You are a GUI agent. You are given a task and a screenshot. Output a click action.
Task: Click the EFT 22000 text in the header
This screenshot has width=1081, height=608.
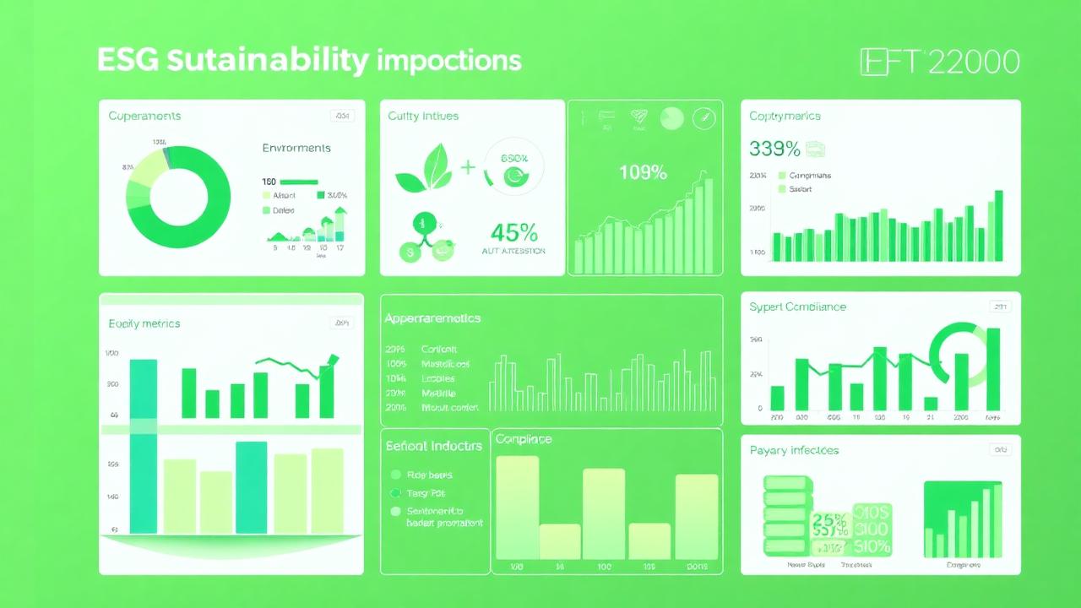[x=939, y=62]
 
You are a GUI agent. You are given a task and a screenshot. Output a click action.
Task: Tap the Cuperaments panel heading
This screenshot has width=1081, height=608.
[x=144, y=116]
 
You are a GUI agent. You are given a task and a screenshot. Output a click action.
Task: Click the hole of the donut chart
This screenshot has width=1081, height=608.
[x=178, y=198]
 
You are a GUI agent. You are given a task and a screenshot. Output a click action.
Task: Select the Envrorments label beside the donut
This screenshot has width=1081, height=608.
[x=296, y=148]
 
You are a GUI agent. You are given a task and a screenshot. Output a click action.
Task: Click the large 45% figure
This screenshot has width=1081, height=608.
[x=514, y=231]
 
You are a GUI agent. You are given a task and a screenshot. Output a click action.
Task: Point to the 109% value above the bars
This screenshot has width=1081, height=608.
[x=643, y=172]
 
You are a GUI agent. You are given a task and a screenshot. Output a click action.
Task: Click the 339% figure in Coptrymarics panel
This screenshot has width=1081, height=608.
[x=774, y=149]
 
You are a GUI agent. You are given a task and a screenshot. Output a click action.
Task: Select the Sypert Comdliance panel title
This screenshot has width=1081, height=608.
[x=797, y=307]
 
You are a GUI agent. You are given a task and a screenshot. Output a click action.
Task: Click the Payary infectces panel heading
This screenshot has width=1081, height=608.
[x=794, y=450]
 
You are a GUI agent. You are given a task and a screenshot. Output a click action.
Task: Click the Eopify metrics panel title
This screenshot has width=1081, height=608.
[x=144, y=323]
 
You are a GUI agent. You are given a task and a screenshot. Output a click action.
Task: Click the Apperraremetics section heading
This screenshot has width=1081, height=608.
[x=432, y=318]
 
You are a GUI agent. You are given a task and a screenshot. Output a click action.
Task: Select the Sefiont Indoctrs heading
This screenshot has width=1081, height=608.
[x=433, y=445]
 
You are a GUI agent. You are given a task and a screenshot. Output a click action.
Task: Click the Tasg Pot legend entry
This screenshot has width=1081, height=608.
[x=425, y=492]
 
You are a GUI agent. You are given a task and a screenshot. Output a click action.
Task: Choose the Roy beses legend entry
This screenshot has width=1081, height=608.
[x=428, y=475]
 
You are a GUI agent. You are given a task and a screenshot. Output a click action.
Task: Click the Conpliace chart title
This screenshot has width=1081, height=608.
[x=523, y=439]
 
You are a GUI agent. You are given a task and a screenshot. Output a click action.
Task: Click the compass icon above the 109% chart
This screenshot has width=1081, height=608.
[x=703, y=119]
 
